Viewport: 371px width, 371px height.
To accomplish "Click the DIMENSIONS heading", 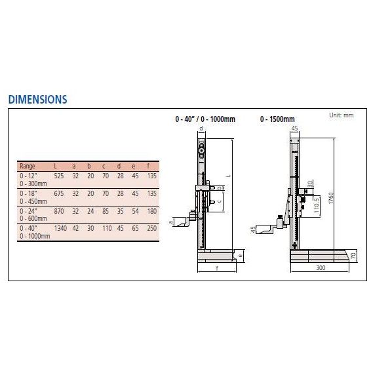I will [x=37, y=100].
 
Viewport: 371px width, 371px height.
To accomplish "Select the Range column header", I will [x=28, y=166].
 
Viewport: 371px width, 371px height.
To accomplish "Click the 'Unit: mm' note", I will [x=341, y=115].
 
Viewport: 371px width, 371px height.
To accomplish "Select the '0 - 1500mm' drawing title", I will [x=275, y=120].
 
